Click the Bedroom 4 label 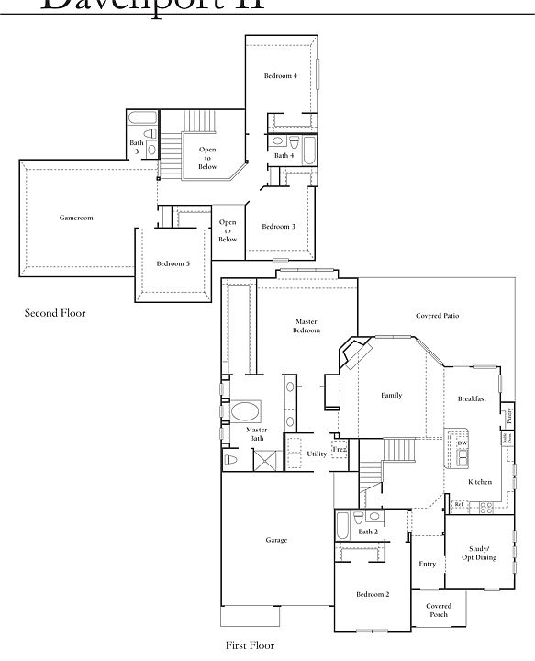[280, 75]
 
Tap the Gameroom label [76, 218]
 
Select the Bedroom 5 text [173, 263]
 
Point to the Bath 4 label [284, 156]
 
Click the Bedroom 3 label [278, 226]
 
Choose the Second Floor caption [55, 313]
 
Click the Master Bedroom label [307, 326]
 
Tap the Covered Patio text [437, 316]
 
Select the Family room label [392, 396]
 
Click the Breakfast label [472, 399]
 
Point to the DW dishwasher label [463, 443]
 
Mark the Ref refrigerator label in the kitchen [458, 504]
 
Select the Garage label [276, 540]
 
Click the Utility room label [317, 454]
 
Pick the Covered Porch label [439, 611]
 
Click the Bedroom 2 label [373, 594]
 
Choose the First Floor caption [250, 645]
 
